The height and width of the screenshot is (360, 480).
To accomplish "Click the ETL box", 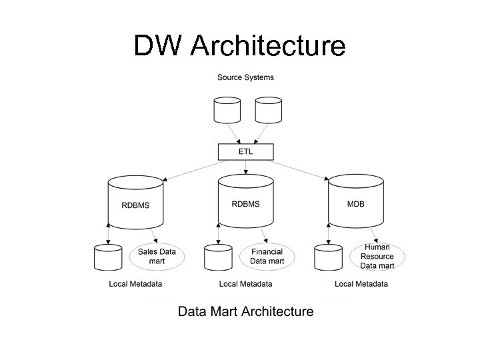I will (x=245, y=152).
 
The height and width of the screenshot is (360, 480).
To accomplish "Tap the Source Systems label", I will (x=245, y=77).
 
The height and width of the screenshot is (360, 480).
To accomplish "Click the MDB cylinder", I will (x=355, y=203).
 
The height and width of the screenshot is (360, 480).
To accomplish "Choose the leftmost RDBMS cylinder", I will (x=135, y=204).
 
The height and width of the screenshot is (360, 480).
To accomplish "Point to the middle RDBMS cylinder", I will (x=246, y=203).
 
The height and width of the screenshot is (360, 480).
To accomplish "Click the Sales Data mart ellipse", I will (x=157, y=257).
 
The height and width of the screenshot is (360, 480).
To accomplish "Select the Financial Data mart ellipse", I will (x=267, y=257).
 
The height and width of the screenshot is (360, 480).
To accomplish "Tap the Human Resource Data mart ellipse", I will (x=377, y=257).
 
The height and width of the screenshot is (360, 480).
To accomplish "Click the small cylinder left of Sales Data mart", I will (x=107, y=257).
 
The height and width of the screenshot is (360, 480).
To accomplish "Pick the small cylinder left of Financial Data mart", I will (x=218, y=257).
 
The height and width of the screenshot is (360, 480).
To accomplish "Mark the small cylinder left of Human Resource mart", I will (x=328, y=257).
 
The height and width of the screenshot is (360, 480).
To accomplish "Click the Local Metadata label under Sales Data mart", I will (x=135, y=284).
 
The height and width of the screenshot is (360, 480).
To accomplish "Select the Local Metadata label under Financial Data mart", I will (x=245, y=284).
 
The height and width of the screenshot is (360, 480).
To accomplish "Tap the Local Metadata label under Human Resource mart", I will (x=361, y=284).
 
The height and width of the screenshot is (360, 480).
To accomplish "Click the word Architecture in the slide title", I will (x=268, y=46).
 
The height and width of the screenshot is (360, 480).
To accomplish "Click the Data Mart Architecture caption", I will (x=245, y=311).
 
